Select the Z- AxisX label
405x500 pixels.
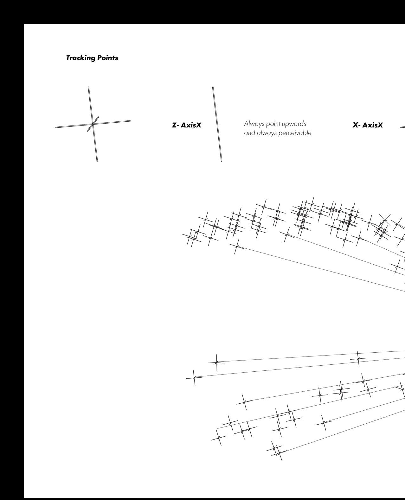point(186,125)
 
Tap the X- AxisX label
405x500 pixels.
point(368,125)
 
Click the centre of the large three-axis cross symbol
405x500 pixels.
point(93,124)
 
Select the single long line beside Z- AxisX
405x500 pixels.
point(217,124)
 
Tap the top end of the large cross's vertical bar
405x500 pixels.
point(89,87)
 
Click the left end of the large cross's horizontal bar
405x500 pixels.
point(56,127)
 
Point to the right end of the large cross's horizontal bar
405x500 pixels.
point(130,121)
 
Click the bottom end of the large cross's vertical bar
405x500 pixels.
point(97,161)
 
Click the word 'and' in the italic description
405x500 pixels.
point(249,133)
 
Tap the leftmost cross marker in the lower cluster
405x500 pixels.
point(194,377)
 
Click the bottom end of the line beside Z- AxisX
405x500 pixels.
point(221,161)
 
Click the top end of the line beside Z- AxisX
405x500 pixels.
point(213,87)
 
